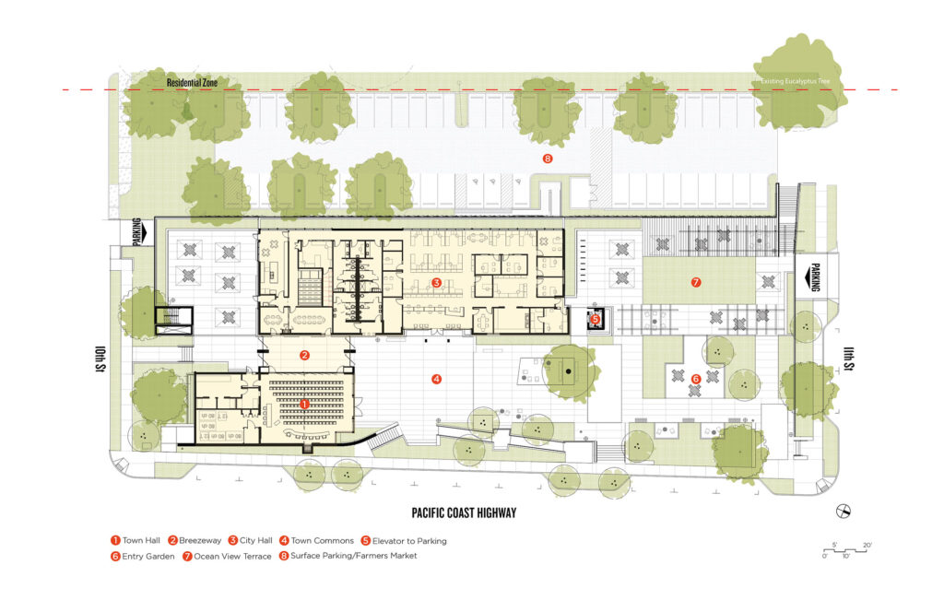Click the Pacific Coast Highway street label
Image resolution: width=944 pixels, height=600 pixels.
(464, 513)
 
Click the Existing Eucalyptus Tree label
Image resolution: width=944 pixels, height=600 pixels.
(798, 82)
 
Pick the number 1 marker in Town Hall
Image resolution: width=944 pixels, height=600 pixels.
(305, 404)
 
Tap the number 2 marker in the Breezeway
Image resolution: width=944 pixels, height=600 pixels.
(304, 354)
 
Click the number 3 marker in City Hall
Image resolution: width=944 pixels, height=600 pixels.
(437, 281)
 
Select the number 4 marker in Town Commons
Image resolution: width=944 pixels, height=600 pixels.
(437, 378)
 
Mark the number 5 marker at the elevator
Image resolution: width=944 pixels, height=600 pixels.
(595, 320)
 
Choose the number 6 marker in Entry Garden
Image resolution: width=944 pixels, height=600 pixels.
(696, 378)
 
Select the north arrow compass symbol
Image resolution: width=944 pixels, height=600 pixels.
(841, 512)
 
